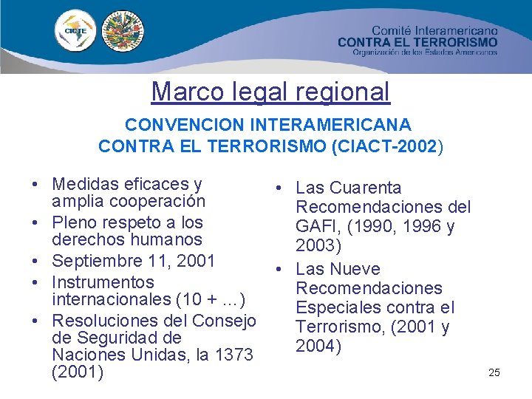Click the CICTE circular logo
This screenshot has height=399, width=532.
click(x=75, y=32)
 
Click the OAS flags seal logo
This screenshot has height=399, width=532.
click(x=123, y=32)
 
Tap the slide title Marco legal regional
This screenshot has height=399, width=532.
click(x=270, y=92)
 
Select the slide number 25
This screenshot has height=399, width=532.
click(x=494, y=372)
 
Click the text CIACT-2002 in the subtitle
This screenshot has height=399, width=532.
click(x=395, y=146)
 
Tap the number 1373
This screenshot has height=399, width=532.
click(x=233, y=355)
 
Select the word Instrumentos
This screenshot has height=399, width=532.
click(x=103, y=282)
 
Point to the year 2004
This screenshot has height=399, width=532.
click(x=318, y=346)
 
